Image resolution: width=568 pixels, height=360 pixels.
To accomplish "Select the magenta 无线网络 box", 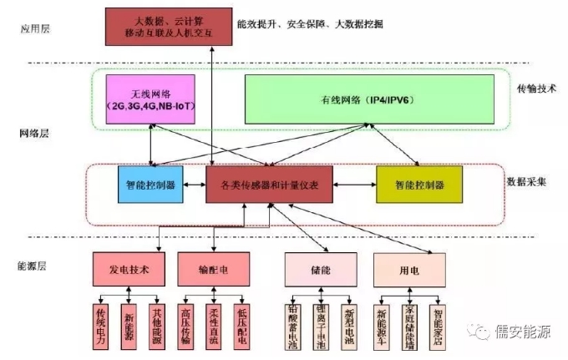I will click(x=150, y=99).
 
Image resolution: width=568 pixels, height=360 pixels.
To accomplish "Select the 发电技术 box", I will click(x=129, y=270).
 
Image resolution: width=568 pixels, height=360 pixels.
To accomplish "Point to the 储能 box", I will click(x=321, y=271).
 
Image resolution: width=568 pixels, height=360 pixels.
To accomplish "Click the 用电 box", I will click(x=408, y=271).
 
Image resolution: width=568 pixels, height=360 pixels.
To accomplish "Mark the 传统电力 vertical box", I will click(x=101, y=322).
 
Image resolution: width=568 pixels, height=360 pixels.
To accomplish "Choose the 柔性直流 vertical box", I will click(x=213, y=322).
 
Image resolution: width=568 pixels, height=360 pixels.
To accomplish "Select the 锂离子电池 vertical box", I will click(x=321, y=324).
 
